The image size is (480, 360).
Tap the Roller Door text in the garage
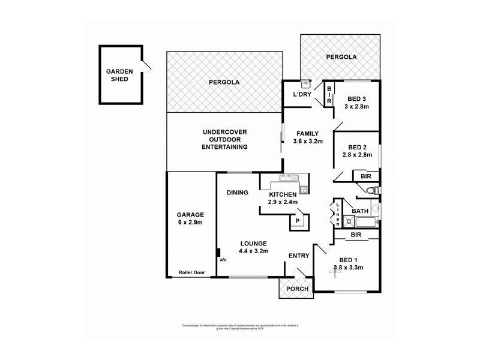pyautogui.click(x=191, y=272)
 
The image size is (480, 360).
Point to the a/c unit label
pyautogui.click(x=223, y=260)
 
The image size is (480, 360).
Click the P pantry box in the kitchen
pyautogui.click(x=296, y=221)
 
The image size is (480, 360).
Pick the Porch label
pyautogui.click(x=297, y=289)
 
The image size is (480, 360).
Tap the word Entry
pyautogui.click(x=299, y=256)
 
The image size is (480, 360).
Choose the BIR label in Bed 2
pyautogui.click(x=365, y=176)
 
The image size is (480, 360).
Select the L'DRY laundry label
pyautogui.click(x=301, y=95)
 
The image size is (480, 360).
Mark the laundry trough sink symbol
pyautogui.click(x=305, y=83)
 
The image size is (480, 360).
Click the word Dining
pyautogui.click(x=238, y=193)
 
